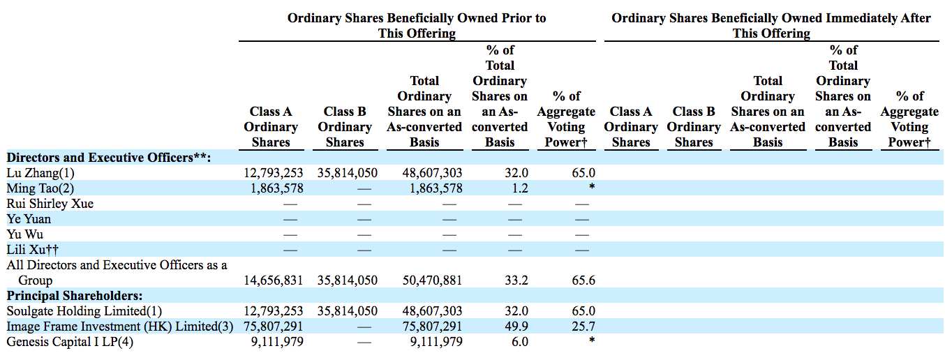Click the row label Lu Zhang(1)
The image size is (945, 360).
click(x=40, y=173)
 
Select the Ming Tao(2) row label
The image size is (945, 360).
click(x=40, y=188)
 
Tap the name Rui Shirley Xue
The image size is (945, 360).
click(x=50, y=204)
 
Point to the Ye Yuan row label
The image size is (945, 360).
click(x=29, y=219)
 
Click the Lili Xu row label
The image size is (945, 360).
click(x=33, y=250)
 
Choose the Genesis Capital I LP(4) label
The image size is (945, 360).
click(x=70, y=341)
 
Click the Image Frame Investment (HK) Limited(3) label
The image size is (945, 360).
click(x=120, y=327)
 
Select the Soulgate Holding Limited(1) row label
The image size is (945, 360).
click(x=84, y=311)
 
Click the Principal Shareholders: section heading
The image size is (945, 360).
click(x=75, y=296)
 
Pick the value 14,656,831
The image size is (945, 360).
click(x=274, y=280)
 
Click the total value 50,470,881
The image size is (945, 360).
click(x=433, y=280)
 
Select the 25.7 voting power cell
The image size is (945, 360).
click(x=583, y=327)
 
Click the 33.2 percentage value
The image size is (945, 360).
click(x=516, y=280)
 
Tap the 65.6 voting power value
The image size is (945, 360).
click(x=583, y=280)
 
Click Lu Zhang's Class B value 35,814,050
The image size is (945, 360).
click(x=348, y=173)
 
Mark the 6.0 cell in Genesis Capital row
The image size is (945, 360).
click(x=520, y=341)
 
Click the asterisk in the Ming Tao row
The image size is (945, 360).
click(x=592, y=186)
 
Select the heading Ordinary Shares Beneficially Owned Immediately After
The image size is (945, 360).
click(x=771, y=18)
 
